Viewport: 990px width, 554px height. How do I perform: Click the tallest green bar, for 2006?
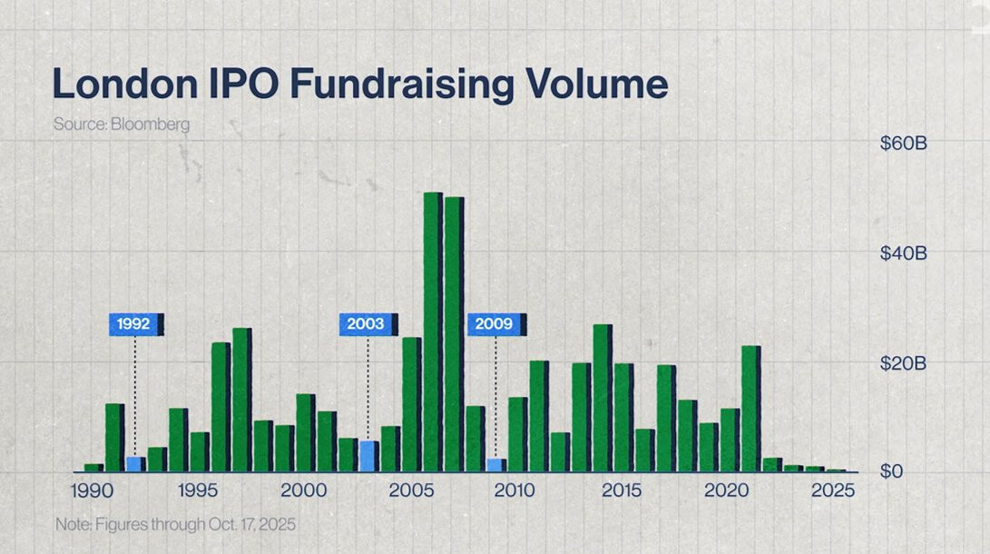432,331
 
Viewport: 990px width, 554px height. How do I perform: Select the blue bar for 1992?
133,464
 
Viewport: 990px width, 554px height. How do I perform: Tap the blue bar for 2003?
367,456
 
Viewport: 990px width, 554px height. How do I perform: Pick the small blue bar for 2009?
495,465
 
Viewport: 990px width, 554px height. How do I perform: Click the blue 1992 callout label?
133,324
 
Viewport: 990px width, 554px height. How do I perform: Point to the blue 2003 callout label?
367,324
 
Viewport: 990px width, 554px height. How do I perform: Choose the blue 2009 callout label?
495,324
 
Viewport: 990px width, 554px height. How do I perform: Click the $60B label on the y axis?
903,143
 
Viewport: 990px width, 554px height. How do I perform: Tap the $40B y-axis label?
903,253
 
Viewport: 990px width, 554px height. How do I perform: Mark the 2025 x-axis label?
832,491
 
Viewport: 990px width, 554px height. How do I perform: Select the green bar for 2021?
750,409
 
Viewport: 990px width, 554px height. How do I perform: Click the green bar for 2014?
602,398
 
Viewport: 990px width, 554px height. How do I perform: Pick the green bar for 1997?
240,400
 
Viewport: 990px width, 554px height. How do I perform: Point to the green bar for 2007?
453,334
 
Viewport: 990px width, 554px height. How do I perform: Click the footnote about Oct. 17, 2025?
175,525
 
